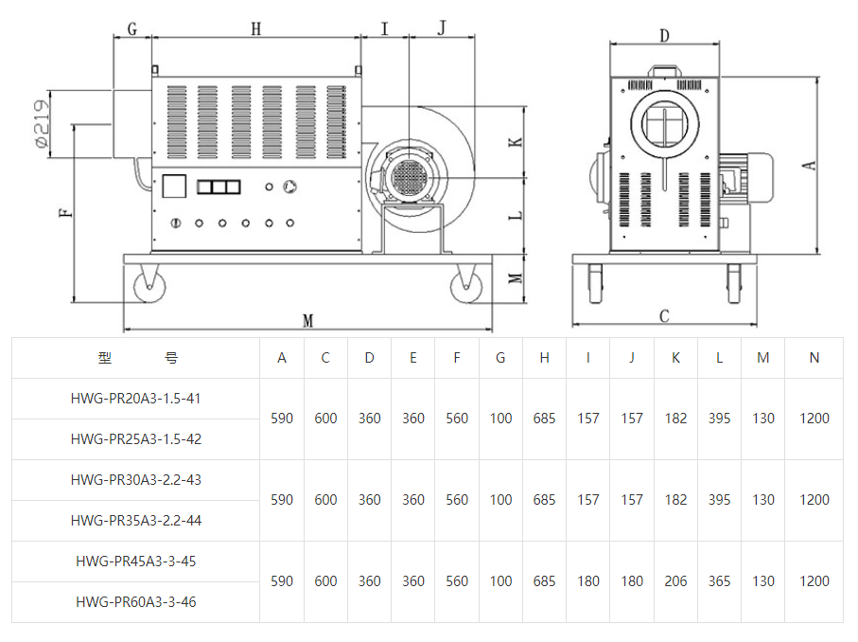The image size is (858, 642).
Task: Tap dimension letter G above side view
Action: [131, 29]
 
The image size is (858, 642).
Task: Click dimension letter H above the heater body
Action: [255, 29]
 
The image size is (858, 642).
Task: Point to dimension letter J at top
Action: [442, 28]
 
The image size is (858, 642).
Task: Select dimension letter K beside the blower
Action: [515, 142]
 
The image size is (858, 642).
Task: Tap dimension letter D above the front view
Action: [665, 36]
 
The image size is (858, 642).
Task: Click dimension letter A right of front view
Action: [809, 165]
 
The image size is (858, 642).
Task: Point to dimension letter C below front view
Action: [664, 316]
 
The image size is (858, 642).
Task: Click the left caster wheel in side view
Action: [149, 284]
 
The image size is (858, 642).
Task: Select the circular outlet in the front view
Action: [666, 122]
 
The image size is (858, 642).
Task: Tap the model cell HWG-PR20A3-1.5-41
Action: [135, 399]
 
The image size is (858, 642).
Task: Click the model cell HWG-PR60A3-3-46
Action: [135, 601]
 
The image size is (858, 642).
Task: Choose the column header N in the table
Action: [814, 358]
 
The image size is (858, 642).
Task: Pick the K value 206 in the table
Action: [675, 581]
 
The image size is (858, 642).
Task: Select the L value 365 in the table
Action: [719, 581]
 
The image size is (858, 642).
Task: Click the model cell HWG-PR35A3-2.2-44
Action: [135, 520]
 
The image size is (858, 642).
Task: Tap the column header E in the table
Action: [413, 358]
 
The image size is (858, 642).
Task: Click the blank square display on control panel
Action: [175, 187]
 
